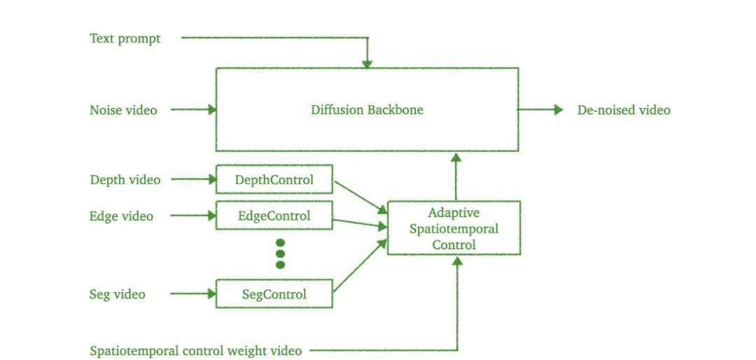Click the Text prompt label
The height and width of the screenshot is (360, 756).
pos(125,39)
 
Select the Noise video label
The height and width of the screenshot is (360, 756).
pos(123,110)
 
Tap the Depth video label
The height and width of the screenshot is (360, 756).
pos(125,180)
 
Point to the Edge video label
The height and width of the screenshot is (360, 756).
pos(121,216)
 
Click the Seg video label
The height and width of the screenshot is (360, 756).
pos(118,294)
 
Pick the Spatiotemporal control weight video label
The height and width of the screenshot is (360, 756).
pos(196,350)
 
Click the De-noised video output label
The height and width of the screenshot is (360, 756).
pos(624,110)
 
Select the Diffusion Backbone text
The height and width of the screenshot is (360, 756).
pos(367,110)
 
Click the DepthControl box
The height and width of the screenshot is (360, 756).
pos(274,180)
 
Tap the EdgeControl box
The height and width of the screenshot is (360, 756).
pos(274,216)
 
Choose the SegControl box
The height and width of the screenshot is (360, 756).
pos(274,294)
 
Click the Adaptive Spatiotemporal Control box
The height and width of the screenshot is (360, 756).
pos(454,228)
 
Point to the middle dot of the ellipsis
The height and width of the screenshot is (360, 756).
pos(281,254)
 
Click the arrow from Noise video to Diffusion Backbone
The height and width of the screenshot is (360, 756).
pos(193,109)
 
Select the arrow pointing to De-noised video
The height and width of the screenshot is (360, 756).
pos(540,109)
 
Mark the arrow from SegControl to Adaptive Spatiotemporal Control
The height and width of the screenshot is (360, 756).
pos(360,267)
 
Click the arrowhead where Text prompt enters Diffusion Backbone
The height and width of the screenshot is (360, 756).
pos(366,64)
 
